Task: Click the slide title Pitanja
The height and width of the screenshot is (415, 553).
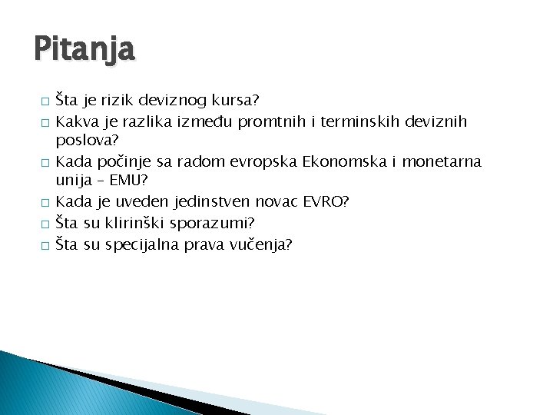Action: click(84, 50)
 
